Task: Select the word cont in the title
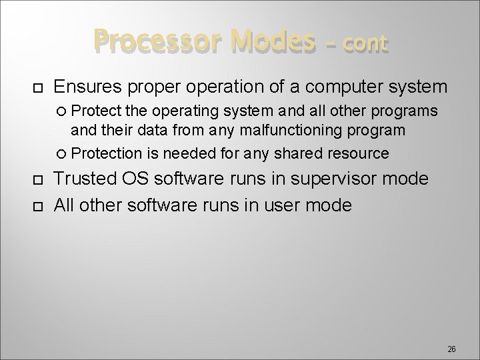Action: [x=363, y=44]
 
